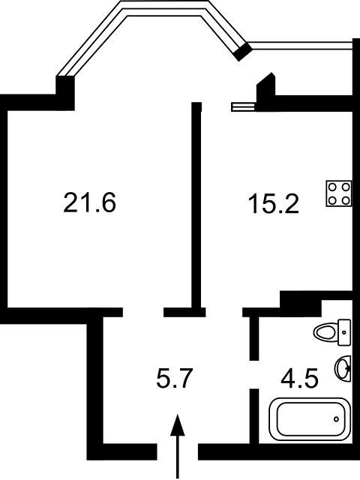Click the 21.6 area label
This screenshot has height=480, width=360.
90,202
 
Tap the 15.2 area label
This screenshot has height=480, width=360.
273,204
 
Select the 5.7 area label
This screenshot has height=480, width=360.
174,378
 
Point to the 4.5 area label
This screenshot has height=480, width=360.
300,378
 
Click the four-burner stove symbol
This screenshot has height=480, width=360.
339,193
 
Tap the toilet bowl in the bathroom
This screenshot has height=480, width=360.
325,332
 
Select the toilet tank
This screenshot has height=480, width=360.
344,332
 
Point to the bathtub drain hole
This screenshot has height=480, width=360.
336,419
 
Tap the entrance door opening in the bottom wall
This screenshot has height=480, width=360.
178,451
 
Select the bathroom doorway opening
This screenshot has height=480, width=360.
254,374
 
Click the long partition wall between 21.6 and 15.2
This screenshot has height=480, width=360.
196,205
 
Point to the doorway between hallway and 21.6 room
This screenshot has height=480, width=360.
143,312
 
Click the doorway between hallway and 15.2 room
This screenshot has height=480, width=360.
224,312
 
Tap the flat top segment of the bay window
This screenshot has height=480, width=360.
163,8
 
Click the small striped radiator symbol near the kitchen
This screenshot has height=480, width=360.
243,106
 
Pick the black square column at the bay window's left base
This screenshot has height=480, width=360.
65,93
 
